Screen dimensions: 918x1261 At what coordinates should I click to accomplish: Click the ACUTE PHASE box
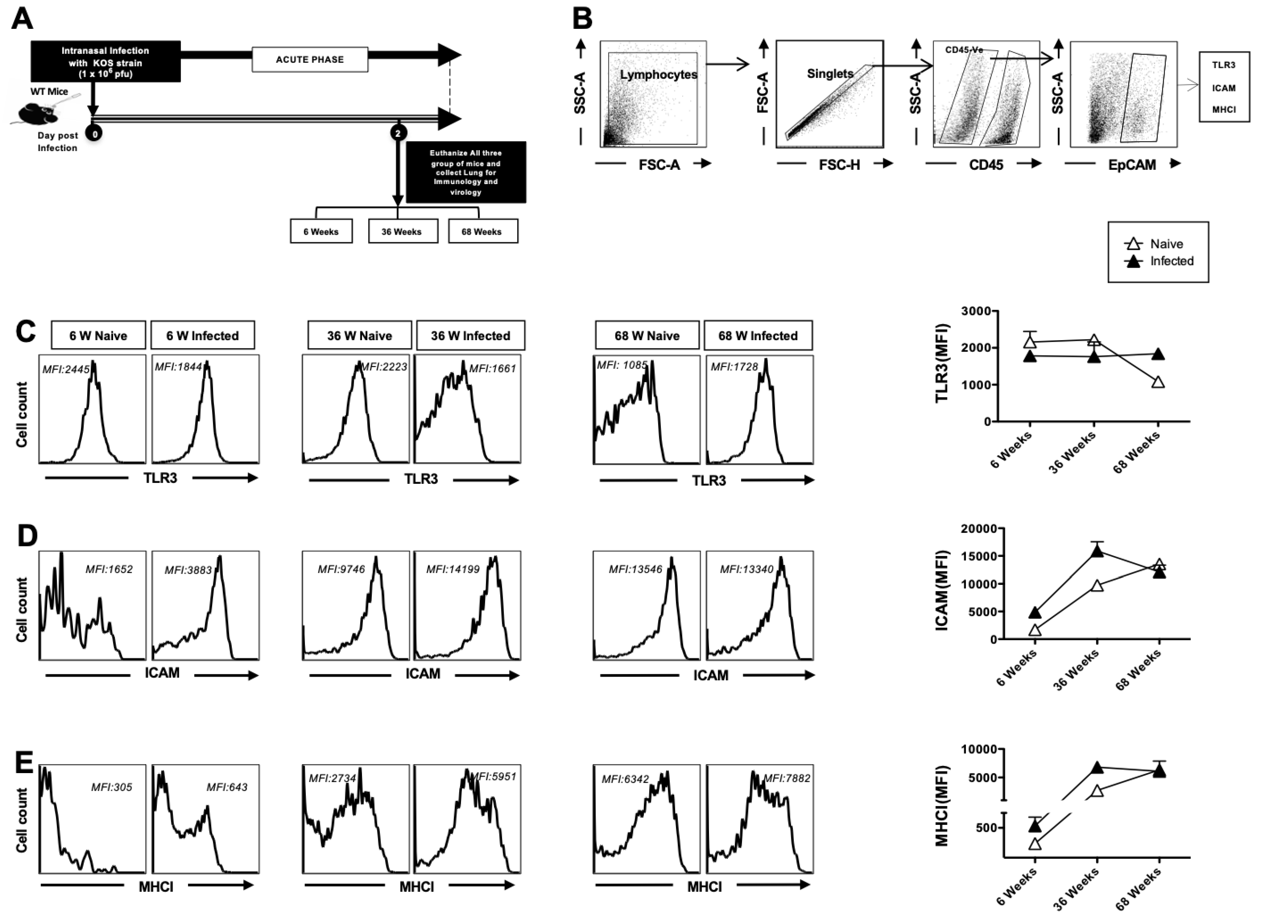point(310,59)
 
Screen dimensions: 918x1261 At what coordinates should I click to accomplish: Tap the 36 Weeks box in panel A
point(403,231)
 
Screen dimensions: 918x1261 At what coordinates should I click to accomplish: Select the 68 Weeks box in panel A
point(482,231)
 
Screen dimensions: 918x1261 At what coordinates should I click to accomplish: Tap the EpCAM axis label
point(1131,165)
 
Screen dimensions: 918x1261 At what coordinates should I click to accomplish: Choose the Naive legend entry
point(1166,244)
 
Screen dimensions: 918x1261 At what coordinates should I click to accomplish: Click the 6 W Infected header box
point(202,336)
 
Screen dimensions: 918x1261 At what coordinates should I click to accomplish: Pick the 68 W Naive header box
point(647,336)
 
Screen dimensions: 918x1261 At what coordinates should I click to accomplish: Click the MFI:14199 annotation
point(452,569)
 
